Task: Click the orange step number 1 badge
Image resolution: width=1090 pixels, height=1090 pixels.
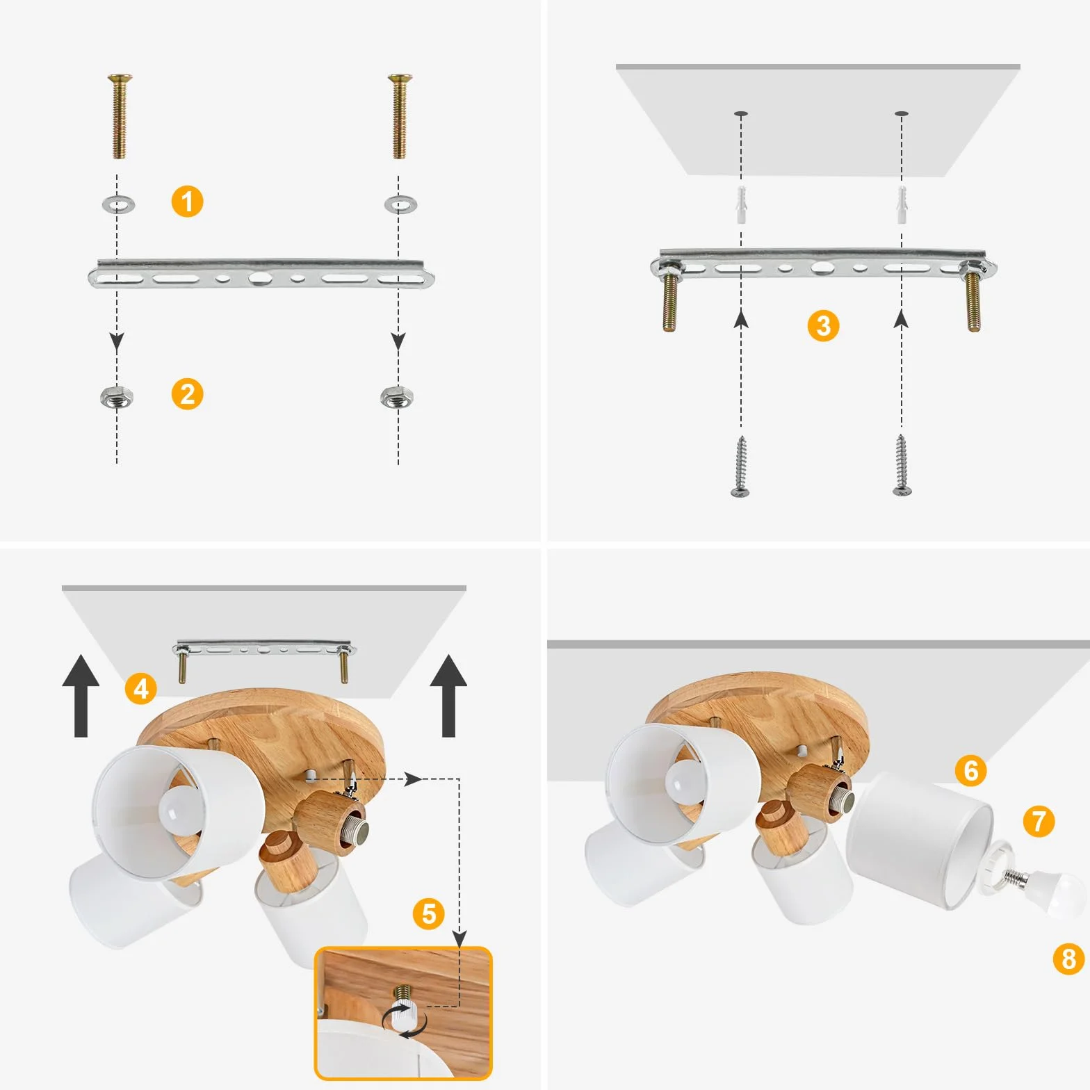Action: (187, 202)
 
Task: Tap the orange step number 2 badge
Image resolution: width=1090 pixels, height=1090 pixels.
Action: (187, 394)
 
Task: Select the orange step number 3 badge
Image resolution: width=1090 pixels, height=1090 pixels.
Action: (823, 325)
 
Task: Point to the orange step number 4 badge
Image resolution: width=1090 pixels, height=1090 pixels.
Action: (141, 688)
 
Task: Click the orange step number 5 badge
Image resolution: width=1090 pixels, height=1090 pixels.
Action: (429, 913)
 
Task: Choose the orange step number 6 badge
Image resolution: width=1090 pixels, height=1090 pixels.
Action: (970, 770)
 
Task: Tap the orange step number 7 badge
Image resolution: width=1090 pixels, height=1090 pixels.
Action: (1039, 821)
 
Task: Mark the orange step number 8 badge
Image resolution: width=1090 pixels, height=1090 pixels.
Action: (1068, 959)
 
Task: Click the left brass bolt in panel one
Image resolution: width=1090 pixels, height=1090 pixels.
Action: (120, 116)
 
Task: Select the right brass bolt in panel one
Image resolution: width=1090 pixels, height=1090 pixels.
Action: (399, 116)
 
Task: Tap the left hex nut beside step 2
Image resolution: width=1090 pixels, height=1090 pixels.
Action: (117, 398)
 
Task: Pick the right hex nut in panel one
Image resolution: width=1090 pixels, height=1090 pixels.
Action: (398, 398)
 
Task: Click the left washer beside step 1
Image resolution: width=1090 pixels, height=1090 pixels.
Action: (118, 204)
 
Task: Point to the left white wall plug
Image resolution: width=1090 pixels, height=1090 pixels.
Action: (742, 204)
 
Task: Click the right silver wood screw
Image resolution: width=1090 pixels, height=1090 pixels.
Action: (902, 466)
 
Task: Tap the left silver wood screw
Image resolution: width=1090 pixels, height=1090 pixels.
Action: (741, 466)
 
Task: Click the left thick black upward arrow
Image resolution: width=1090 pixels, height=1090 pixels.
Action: (81, 695)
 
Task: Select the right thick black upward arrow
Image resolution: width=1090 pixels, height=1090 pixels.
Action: (448, 695)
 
